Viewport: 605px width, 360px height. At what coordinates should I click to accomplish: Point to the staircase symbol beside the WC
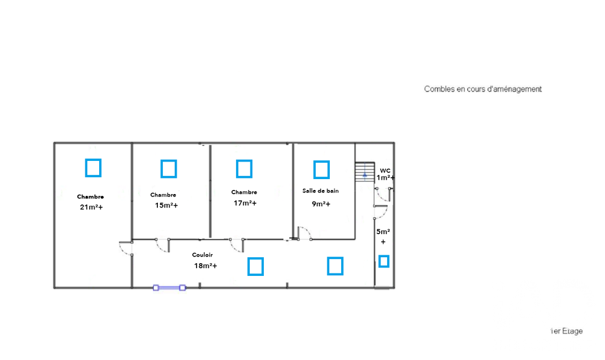365,172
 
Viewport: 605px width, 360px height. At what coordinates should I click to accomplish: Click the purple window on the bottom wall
169,287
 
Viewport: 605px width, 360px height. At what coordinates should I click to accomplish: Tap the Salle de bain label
320,191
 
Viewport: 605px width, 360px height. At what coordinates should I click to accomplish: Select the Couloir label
202,255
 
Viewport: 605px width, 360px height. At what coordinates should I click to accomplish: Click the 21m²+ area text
91,207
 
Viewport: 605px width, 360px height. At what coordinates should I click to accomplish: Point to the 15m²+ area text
166,205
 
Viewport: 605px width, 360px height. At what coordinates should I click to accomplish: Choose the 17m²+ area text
245,203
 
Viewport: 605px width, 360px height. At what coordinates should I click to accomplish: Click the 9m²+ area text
321,204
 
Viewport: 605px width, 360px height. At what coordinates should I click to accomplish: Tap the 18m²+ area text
205,266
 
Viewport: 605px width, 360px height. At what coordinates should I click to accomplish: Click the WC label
385,171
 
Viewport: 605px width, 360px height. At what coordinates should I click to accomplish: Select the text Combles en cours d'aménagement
483,89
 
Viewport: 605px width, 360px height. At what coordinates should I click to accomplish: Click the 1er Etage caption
566,331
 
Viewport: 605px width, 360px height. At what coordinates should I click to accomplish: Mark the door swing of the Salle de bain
304,233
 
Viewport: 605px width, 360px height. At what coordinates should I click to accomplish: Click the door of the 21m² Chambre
126,249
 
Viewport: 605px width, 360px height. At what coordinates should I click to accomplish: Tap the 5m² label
383,232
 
